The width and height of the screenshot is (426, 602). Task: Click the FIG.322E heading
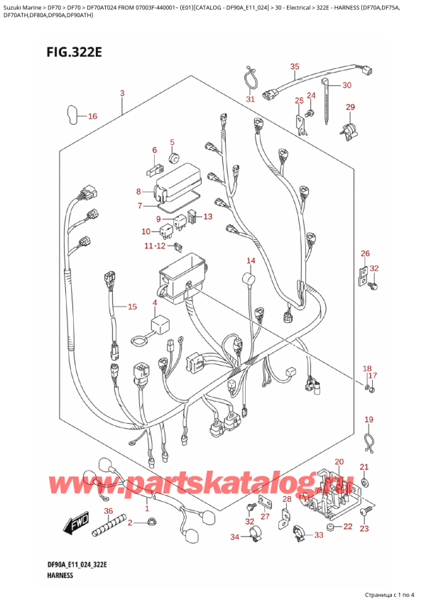tap(74, 51)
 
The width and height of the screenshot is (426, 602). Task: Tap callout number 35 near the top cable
tap(294, 67)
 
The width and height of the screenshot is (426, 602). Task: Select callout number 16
tap(92, 116)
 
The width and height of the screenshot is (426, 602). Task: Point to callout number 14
tap(251, 261)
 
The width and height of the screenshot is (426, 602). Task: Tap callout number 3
tap(122, 92)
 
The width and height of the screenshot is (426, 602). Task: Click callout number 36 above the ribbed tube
tap(109, 510)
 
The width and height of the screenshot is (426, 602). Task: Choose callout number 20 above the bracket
tap(339, 461)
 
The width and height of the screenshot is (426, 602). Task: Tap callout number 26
tap(365, 253)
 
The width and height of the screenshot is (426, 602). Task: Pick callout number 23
tap(364, 528)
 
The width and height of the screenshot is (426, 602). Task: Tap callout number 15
tap(132, 307)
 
